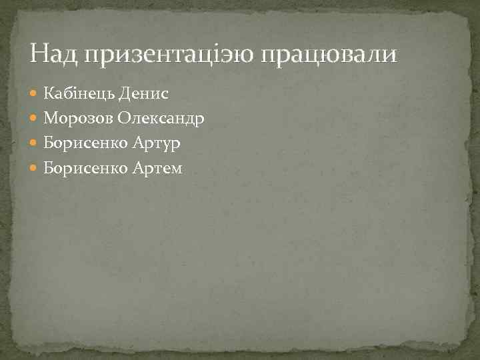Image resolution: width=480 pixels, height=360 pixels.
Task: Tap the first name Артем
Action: point(157,169)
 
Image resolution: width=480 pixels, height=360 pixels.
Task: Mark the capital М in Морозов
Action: point(50,118)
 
